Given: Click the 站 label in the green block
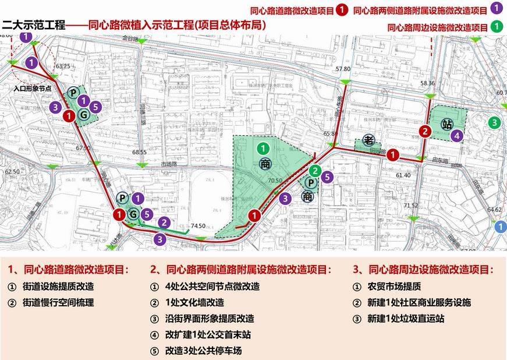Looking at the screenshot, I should [x=447, y=125].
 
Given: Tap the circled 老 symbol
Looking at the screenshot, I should [x=368, y=140].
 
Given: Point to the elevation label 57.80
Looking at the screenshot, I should [x=343, y=69].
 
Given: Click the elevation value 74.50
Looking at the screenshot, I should [x=198, y=225].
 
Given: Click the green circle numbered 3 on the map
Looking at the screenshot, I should [x=494, y=122].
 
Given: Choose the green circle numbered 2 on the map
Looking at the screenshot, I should [x=314, y=171].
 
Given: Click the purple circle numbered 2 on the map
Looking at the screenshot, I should [x=165, y=222].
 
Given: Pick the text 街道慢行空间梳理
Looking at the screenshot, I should [x=58, y=303].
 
